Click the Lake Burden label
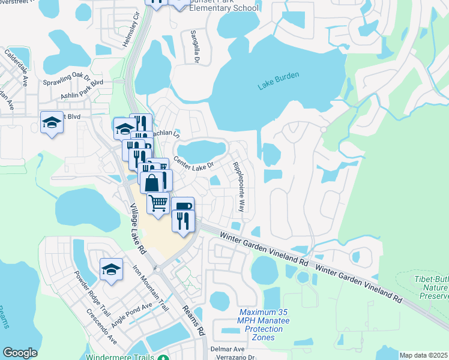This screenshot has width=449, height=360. pyautogui.click(x=279, y=81)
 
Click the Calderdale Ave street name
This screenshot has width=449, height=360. pyautogui.click(x=17, y=65)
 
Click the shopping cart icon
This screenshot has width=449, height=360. pyautogui.click(x=158, y=203)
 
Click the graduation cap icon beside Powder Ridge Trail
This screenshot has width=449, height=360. pyautogui.click(x=111, y=269)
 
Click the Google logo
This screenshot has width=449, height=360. pyautogui.click(x=20, y=353)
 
